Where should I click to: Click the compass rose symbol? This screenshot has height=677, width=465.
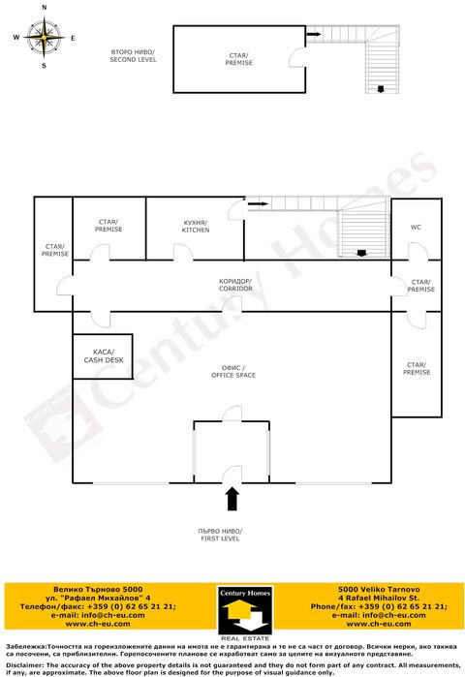[x=45, y=38]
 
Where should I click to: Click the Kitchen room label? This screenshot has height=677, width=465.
[x=196, y=226]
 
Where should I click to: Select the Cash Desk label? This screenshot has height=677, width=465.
[x=103, y=356]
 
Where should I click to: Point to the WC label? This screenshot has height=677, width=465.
[x=416, y=228]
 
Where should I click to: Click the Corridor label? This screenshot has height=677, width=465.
[x=235, y=285]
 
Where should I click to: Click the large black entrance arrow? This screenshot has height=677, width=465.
[x=232, y=498]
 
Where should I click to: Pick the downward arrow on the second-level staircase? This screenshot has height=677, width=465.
[x=383, y=90]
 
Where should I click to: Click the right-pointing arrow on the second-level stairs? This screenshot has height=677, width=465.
[x=315, y=35]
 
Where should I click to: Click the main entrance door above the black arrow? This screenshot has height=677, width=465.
[x=232, y=475]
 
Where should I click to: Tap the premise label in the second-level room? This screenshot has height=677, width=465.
[x=239, y=59]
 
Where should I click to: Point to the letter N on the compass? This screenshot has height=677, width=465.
[x=45, y=8]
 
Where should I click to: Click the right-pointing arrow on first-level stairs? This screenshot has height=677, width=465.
[x=257, y=204]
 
